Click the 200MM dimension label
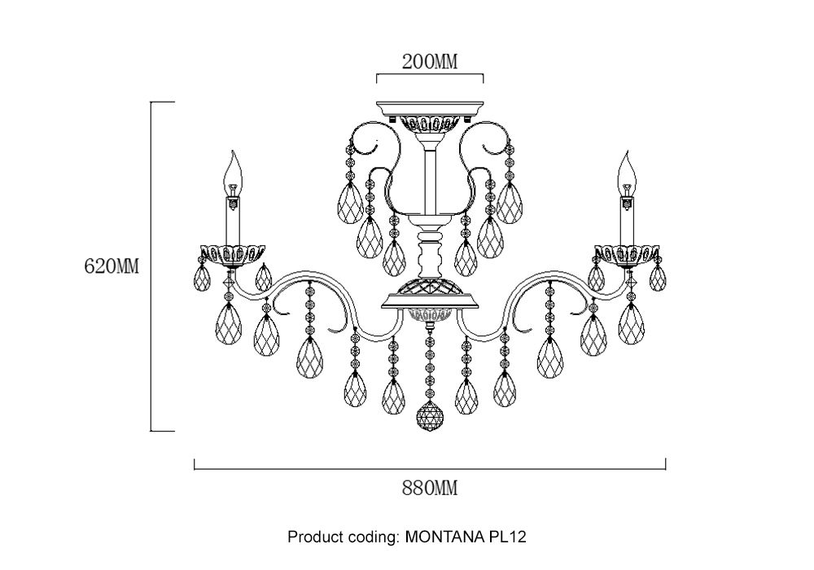tap(430, 61)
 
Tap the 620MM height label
tap(112, 266)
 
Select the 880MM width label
tap(430, 488)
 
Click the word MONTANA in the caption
tap(443, 537)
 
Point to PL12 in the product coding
tap(505, 537)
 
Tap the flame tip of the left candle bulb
tap(234, 151)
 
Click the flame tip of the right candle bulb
tap(628, 151)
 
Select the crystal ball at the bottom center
tap(431, 416)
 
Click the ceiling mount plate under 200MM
tap(430, 108)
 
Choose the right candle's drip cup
tap(628, 254)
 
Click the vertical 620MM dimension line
tap(151, 266)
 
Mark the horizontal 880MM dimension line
tap(430, 469)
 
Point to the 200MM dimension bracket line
tap(430, 74)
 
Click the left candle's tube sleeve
tap(234, 220)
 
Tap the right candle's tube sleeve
tap(628, 220)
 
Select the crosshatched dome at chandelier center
tap(429, 285)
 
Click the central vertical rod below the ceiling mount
tap(430, 182)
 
